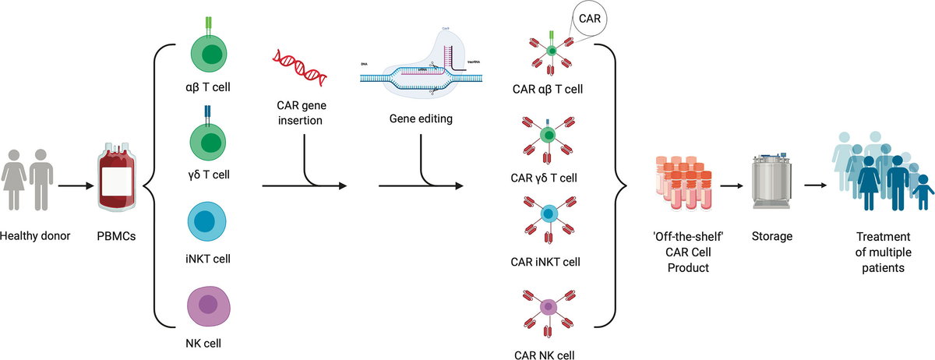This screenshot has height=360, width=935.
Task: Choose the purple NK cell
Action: click(x=206, y=305)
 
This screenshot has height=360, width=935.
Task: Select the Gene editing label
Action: click(x=421, y=120)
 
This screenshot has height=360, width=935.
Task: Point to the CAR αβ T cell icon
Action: click(x=550, y=52)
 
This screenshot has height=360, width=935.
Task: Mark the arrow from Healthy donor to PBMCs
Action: click(x=74, y=186)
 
